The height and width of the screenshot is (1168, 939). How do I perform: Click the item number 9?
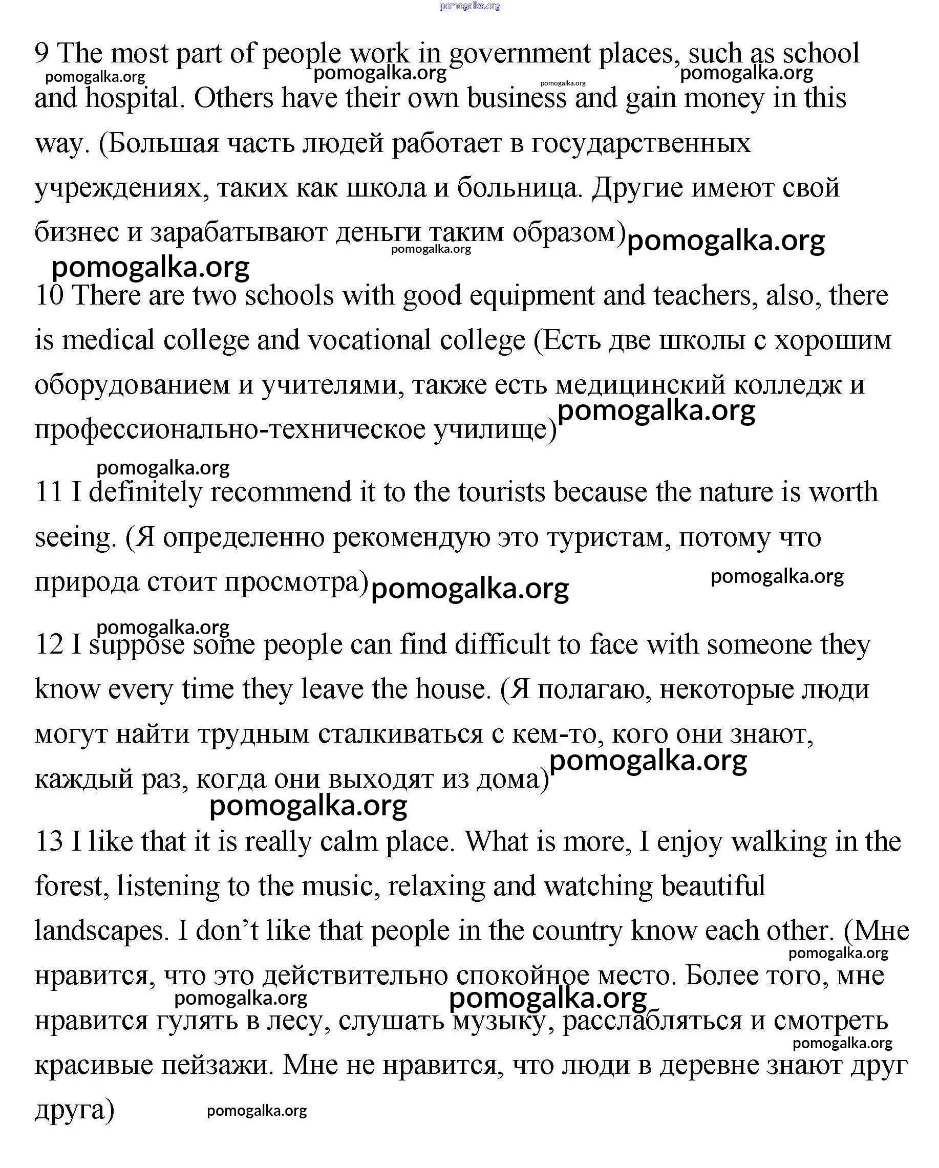coord(41,54)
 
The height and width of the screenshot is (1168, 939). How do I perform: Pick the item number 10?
coord(49,296)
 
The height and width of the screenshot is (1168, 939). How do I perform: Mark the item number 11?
coord(48,492)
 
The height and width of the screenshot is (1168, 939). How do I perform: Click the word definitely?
coord(145,493)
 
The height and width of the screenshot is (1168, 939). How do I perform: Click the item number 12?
coord(49,645)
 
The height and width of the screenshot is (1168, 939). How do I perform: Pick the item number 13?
coord(49,842)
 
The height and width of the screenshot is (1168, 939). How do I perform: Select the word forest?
coord(71,887)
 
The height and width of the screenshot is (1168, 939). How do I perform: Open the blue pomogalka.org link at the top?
coord(470,6)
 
